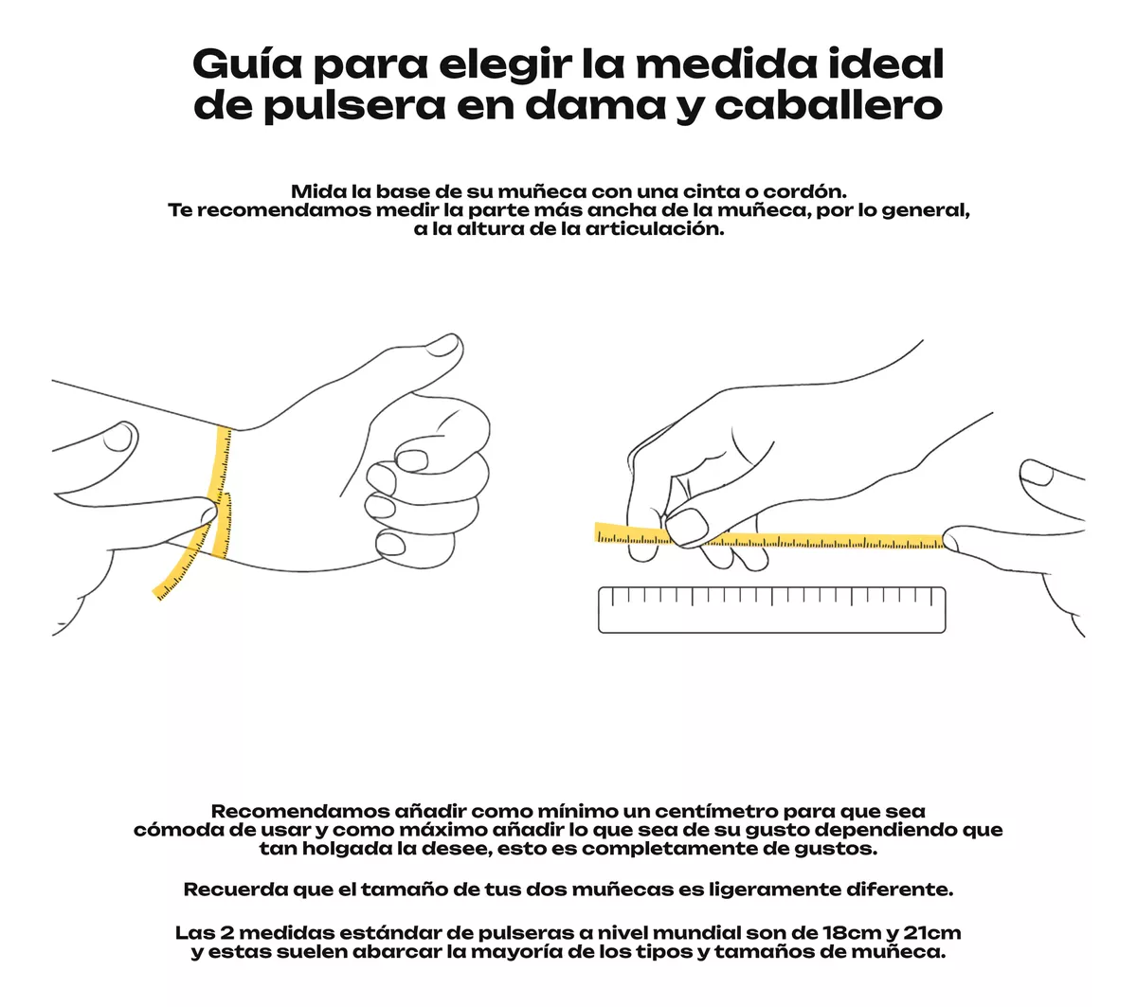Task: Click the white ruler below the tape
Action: click(771, 610)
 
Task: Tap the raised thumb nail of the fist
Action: click(442, 345)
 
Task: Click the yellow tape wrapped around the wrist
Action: click(221, 491)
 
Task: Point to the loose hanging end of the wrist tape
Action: click(159, 594)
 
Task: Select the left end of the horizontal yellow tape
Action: click(596, 531)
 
